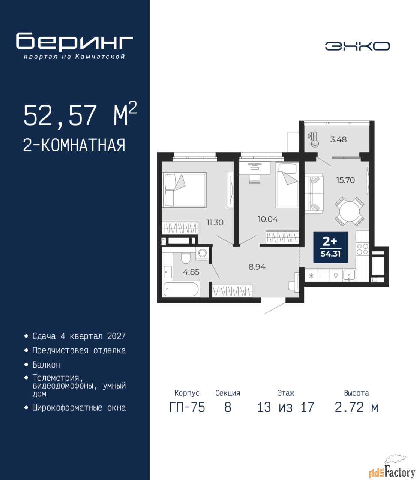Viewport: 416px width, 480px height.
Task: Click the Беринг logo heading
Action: point(74,42)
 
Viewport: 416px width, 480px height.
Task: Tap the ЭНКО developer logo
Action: point(357,46)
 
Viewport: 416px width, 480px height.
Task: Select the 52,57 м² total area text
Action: point(80,115)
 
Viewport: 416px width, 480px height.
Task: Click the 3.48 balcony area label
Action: point(338,139)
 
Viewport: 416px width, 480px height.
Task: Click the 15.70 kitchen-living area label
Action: point(345,180)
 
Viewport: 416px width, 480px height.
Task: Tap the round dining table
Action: point(349,211)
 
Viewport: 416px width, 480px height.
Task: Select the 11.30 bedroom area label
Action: point(215,222)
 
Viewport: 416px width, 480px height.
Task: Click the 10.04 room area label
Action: point(268,219)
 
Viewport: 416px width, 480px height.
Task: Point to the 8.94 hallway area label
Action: point(257,267)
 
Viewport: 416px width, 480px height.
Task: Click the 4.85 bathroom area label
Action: point(191,272)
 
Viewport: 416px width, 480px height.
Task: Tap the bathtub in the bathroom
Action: point(181,289)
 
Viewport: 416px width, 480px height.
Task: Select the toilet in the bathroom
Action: point(186,258)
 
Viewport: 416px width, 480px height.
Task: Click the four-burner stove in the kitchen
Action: point(363,249)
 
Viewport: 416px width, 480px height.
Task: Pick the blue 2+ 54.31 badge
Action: point(330,247)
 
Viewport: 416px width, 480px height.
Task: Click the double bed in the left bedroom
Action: point(185,190)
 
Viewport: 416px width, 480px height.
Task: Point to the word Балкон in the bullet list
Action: point(47,364)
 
